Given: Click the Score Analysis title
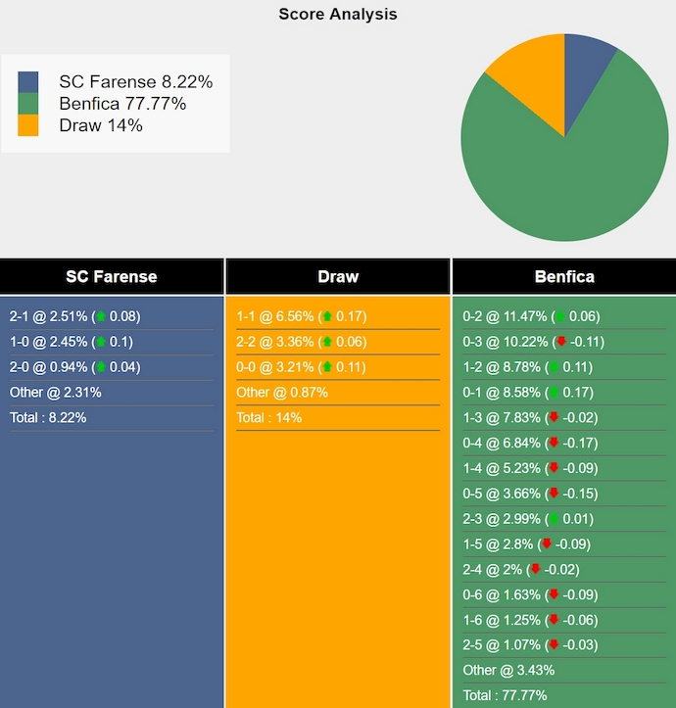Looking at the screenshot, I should pyautogui.click(x=338, y=14).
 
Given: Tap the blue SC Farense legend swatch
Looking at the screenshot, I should pyautogui.click(x=28, y=82).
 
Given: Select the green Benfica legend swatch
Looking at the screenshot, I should pyautogui.click(x=28, y=104).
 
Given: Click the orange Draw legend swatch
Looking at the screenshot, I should pyautogui.click(x=28, y=125).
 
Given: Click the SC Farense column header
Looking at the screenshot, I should pyautogui.click(x=112, y=277).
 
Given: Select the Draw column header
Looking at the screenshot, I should pyautogui.click(x=338, y=277).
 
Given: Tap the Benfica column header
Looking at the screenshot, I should pyautogui.click(x=564, y=277).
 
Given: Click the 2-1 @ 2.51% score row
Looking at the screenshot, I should pyautogui.click(x=74, y=316).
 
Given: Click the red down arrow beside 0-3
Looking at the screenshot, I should pyautogui.click(x=561, y=342).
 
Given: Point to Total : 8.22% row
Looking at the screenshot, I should pyautogui.click(x=48, y=418).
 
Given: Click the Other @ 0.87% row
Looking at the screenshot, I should pyautogui.click(x=282, y=393).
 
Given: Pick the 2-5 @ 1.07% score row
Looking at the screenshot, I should pyautogui.click(x=530, y=645).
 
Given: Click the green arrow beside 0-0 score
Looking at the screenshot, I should pyautogui.click(x=326, y=367).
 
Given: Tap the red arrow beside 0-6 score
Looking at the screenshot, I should pyautogui.click(x=554, y=594).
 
